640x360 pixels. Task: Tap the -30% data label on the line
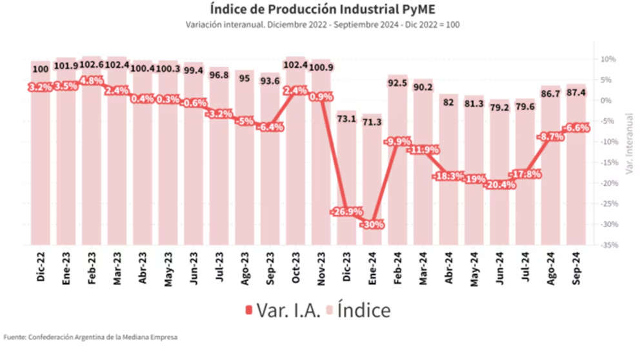373,225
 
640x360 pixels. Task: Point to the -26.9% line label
348,212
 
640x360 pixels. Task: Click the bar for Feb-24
399,161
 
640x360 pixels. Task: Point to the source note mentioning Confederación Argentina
90,337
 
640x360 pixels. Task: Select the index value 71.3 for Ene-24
373,123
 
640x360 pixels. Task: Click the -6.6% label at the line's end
576,128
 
